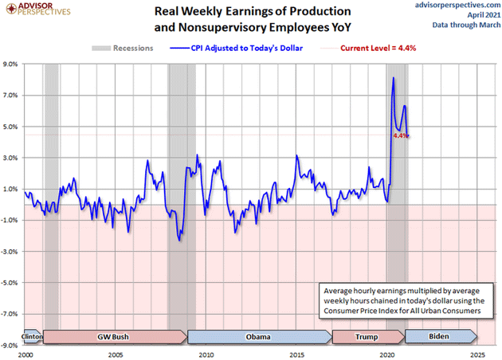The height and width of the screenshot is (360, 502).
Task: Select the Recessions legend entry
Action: click(x=126, y=49)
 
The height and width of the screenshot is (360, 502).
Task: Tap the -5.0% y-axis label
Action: click(x=12, y=283)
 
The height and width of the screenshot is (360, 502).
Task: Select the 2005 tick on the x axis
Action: click(x=116, y=354)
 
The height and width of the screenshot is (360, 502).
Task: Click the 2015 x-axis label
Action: click(x=296, y=354)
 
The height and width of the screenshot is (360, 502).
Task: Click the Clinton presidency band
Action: click(x=32, y=336)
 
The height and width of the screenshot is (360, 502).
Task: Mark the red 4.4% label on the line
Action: click(x=400, y=136)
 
